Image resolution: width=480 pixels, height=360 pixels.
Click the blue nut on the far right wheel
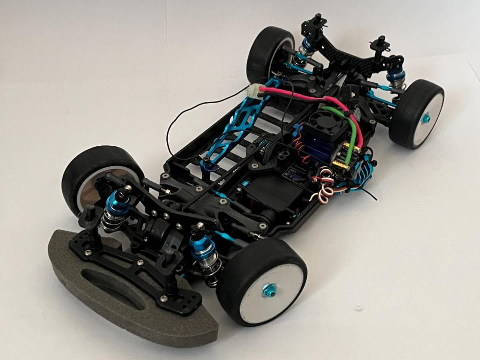[x=425, y=118]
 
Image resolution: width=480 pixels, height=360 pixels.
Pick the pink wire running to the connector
[x=302, y=95]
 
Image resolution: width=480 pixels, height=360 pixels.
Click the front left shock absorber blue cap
[x=118, y=200]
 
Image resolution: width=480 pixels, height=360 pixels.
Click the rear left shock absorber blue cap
[x=306, y=44]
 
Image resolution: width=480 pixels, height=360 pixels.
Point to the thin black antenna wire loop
[x=178, y=133]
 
